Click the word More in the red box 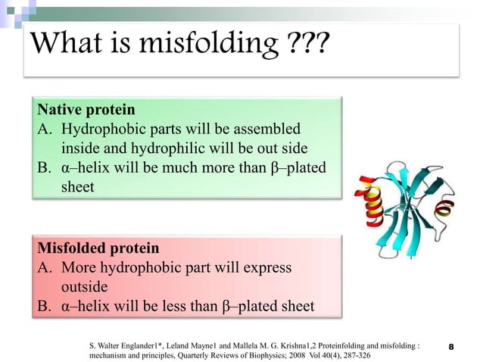80,267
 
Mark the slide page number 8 451,347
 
